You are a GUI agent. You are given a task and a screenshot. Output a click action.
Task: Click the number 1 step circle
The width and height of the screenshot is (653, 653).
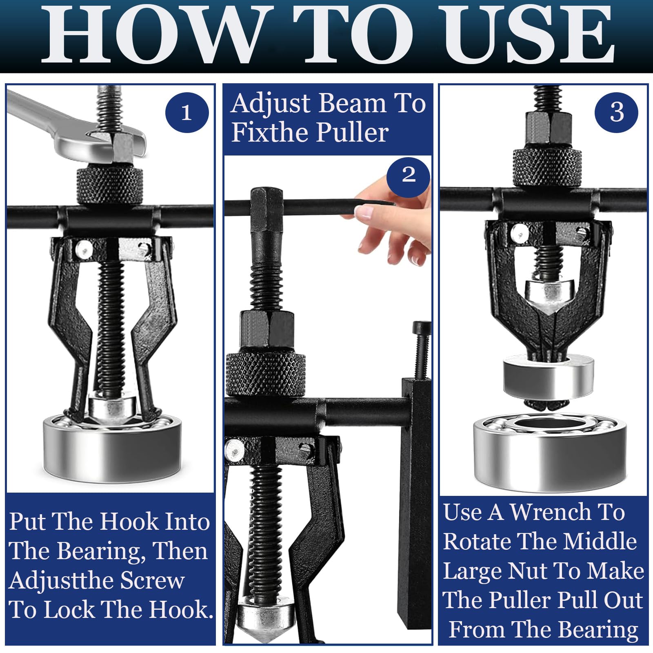pyautogui.click(x=187, y=113)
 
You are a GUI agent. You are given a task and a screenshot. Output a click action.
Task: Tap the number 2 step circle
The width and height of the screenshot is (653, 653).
pyautogui.click(x=408, y=175)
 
